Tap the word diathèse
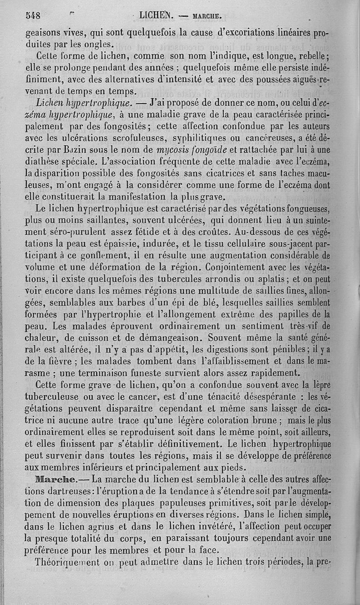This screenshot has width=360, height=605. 42,162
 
